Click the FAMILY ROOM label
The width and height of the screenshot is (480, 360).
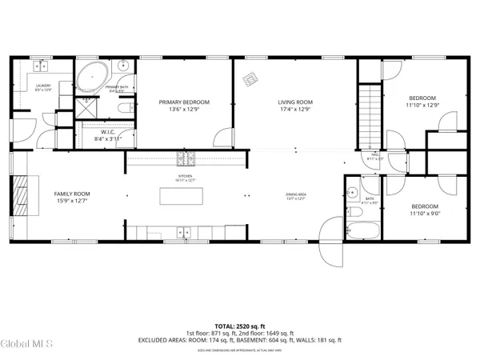click(71, 194)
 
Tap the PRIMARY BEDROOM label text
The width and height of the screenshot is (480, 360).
click(183, 102)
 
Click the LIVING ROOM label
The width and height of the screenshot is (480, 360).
click(294, 102)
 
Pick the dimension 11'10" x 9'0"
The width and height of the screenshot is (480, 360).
click(424, 213)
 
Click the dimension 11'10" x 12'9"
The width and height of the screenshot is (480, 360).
click(424, 105)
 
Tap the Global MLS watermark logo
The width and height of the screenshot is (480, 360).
click(26, 345)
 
